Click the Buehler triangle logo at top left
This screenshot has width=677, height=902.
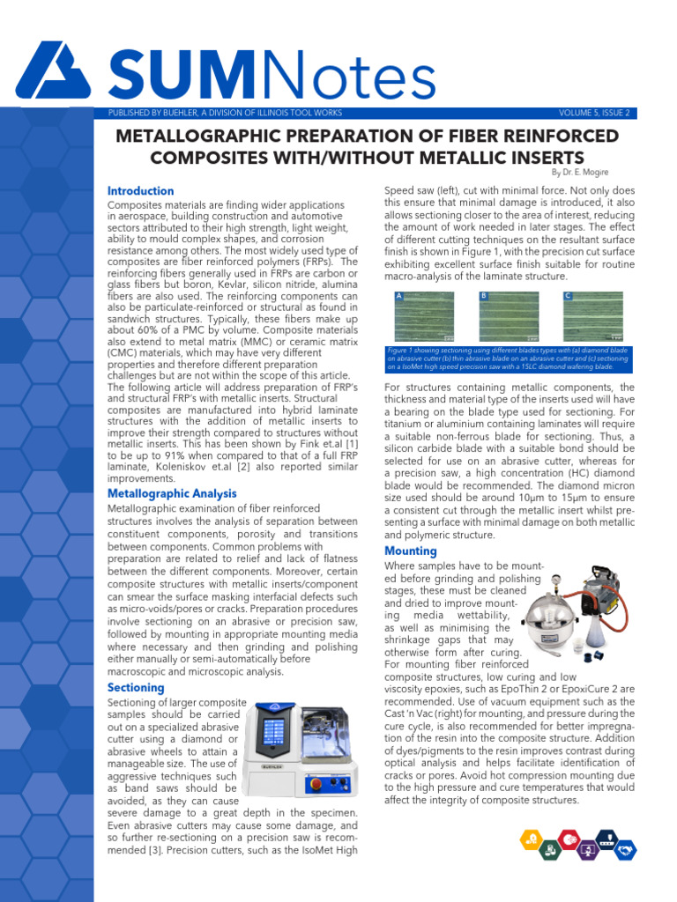coord(53,71)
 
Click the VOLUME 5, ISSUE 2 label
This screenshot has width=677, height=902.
coord(594,113)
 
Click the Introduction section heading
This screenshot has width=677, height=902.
coord(140,191)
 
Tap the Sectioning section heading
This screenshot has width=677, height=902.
coord(136,687)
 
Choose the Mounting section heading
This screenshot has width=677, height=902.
coord(411,551)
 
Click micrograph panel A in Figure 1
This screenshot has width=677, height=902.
coord(426,316)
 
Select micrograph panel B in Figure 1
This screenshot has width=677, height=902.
coord(509,316)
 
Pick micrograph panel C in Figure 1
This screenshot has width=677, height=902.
coord(592,316)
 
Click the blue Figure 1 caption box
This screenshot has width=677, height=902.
coord(509,359)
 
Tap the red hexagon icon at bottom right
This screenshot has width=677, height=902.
coord(570,839)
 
